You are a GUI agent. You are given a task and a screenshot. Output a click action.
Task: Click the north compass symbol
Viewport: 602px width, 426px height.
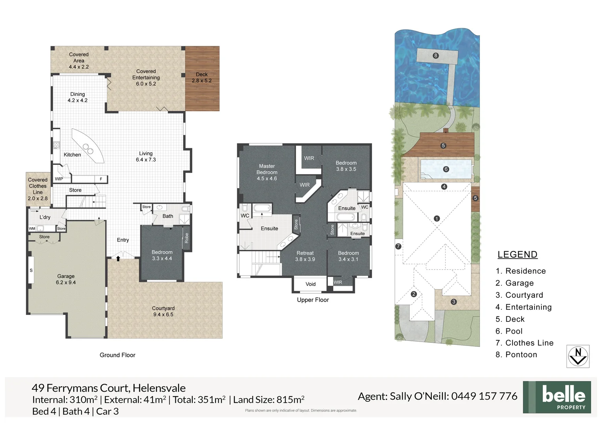[578, 356]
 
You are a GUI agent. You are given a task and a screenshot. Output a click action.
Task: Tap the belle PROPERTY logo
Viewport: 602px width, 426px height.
[557, 397]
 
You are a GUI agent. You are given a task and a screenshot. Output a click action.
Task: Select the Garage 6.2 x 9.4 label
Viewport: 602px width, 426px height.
[66, 279]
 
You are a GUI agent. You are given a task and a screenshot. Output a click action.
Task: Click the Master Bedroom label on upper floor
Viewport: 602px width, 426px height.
[267, 172]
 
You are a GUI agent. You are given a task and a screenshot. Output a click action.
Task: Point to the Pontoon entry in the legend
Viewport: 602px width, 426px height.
[516, 355]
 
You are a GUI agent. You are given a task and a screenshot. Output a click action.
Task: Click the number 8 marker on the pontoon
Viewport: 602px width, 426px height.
[435, 56]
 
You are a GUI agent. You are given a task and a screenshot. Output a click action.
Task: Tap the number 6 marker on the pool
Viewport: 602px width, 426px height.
[446, 169]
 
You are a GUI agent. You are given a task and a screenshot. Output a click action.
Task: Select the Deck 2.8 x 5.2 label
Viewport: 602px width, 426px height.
[202, 77]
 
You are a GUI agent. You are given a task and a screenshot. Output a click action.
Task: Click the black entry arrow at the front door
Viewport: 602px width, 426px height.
[118, 258]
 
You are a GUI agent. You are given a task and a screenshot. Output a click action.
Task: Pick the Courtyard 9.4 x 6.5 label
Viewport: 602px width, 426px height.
[163, 311]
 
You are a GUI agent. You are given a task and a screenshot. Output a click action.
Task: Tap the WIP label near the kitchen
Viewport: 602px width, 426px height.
[59, 179]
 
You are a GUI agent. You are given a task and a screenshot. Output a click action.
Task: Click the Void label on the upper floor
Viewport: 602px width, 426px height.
[310, 284]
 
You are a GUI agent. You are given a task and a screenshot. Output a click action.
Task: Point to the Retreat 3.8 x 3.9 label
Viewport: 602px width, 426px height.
[305, 256]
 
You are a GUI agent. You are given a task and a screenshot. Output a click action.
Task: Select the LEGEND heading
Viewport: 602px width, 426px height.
[517, 255]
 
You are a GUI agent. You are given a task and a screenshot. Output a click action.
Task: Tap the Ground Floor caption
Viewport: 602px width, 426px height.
[117, 355]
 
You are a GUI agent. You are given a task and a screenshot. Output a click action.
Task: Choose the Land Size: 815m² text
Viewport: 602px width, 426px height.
[269, 400]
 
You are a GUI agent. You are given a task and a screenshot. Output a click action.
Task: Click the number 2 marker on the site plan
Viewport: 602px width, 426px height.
[414, 294]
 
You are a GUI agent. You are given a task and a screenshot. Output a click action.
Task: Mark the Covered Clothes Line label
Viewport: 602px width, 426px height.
[37, 189]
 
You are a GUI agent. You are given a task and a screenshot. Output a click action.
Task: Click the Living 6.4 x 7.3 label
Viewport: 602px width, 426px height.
[146, 157]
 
